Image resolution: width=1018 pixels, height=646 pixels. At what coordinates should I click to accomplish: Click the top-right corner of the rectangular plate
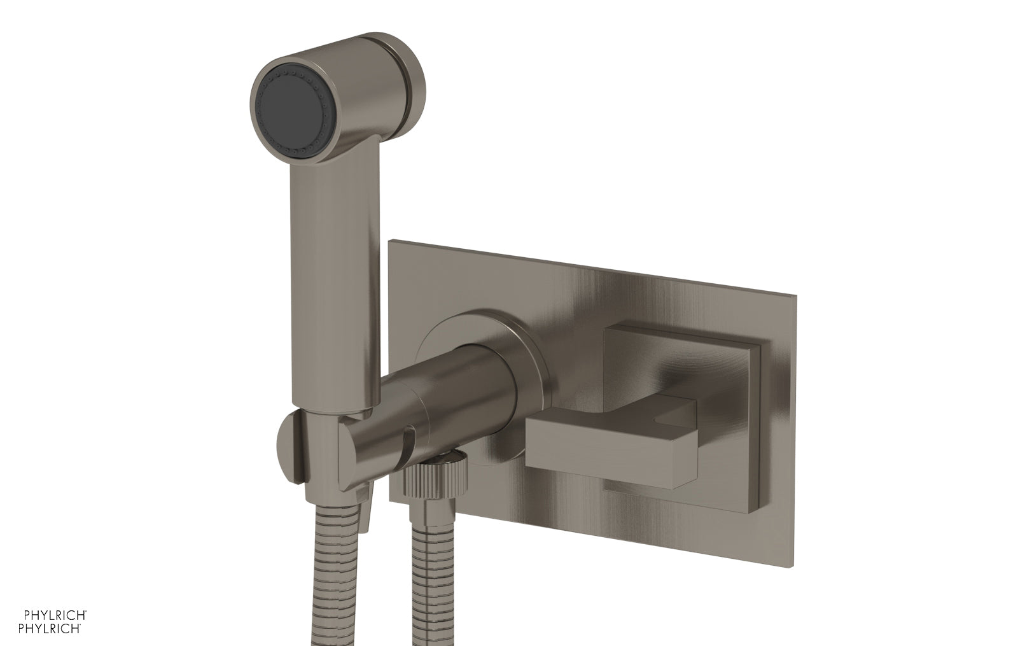(793, 295)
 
